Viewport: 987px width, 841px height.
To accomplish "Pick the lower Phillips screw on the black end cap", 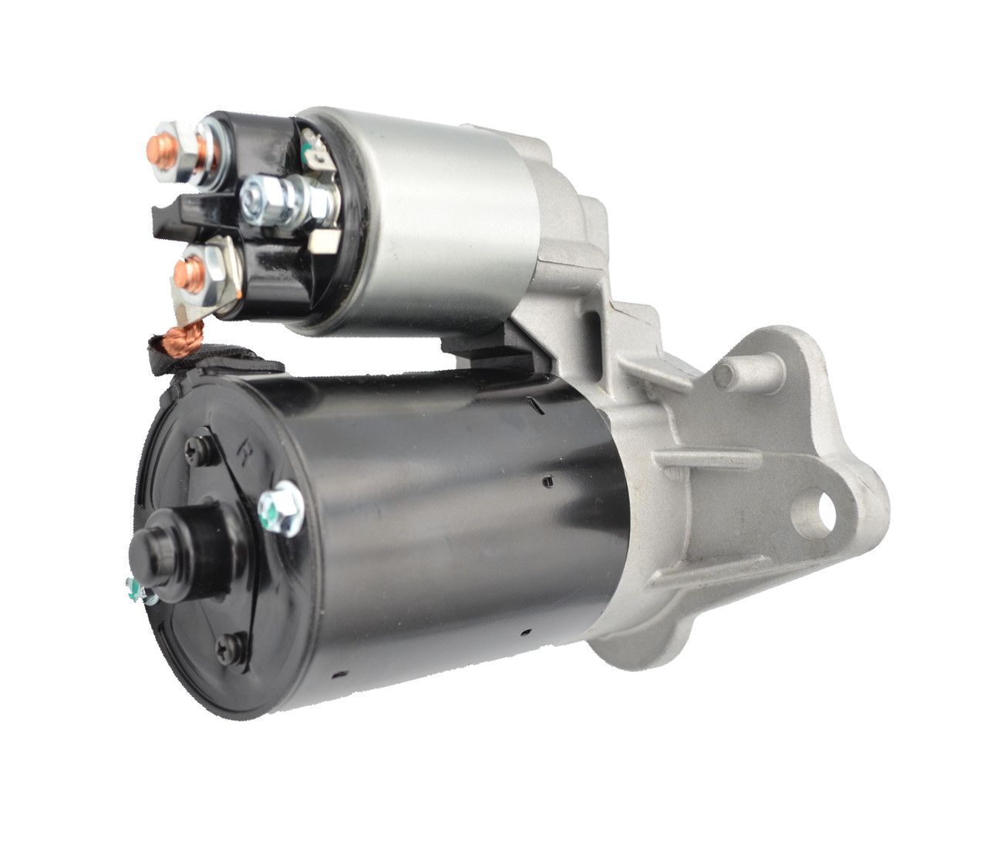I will (233, 646).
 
